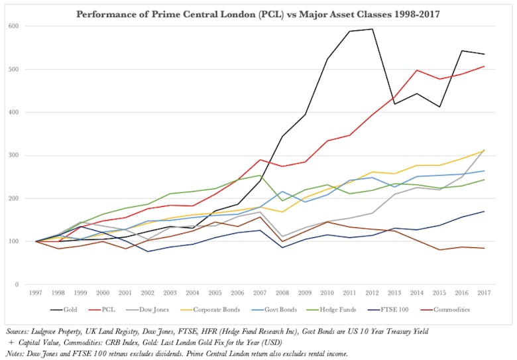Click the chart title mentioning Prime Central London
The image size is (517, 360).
coord(258,13)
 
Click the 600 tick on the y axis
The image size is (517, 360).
coord(15,27)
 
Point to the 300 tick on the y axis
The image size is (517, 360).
coord(15,156)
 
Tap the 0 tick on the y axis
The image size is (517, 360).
coord(18,285)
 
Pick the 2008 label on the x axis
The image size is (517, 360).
coord(284,292)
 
